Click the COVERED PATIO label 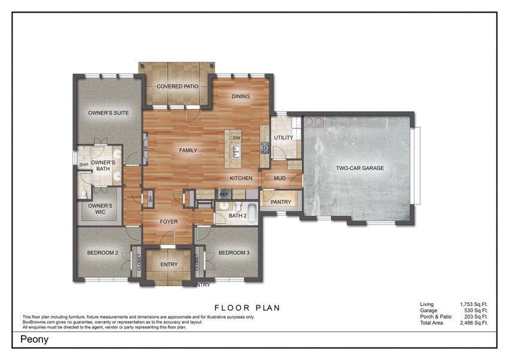[x=177, y=86]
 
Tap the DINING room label [x=240, y=97]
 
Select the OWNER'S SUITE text [x=109, y=113]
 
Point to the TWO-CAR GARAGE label [x=360, y=169]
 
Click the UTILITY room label [x=284, y=138]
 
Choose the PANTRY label [x=281, y=202]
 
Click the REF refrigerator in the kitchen [x=224, y=194]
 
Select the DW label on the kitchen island [x=236, y=137]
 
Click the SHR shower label [x=85, y=164]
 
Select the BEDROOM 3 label [x=234, y=253]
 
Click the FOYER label [x=168, y=222]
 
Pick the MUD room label [x=279, y=178]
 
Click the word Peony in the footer [x=35, y=339]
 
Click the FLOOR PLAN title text [x=247, y=308]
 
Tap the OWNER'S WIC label [x=100, y=209]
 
